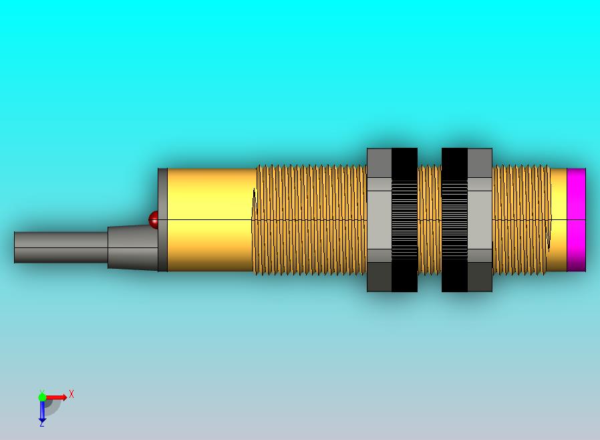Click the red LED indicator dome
(x=153, y=219)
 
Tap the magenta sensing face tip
(x=576, y=220)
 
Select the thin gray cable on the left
(x=61, y=247)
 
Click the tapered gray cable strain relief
(x=132, y=247)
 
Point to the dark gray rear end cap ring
(x=162, y=220)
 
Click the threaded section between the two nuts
(x=429, y=220)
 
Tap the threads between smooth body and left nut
(x=311, y=220)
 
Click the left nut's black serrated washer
(x=404, y=220)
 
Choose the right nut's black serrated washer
(x=454, y=220)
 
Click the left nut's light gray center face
(x=379, y=220)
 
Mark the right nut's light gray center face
(x=480, y=220)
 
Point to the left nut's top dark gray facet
(x=379, y=163)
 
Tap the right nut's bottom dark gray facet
(x=480, y=277)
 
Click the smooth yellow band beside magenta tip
(x=559, y=220)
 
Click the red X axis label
(x=71, y=395)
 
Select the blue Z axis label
(x=41, y=424)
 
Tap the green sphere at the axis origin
(x=42, y=397)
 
